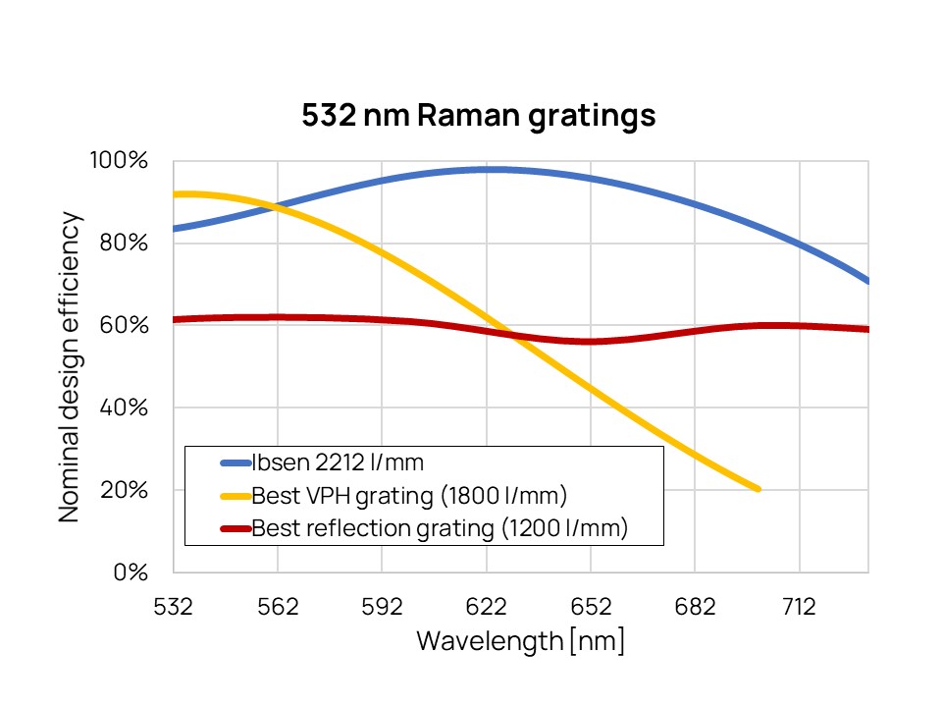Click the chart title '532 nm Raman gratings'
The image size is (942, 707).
[x=478, y=116]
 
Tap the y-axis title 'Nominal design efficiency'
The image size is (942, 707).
[x=70, y=366]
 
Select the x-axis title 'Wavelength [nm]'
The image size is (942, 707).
[x=520, y=641]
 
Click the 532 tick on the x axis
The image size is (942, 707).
[x=174, y=607]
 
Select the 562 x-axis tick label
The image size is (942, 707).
[x=278, y=607]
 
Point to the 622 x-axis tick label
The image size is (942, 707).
[x=487, y=607]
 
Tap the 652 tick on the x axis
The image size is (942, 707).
[x=591, y=607]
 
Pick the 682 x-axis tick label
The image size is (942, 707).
[x=695, y=607]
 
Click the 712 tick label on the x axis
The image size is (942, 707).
[x=799, y=607]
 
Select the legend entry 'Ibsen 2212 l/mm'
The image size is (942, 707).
[x=324, y=462]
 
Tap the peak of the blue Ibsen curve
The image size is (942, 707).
[x=491, y=169]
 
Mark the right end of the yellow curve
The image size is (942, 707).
[x=758, y=488]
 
